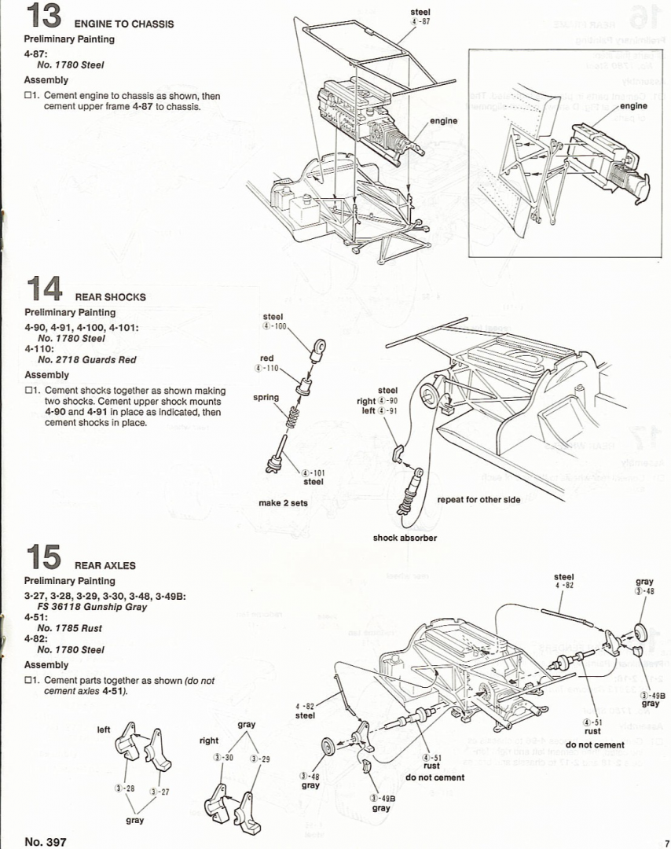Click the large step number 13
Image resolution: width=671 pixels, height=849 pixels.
coord(43,16)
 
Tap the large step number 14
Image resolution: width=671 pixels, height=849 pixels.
coord(44,289)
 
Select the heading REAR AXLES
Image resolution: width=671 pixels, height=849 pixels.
coord(105,565)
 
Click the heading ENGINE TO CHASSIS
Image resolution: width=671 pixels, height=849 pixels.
coord(124,24)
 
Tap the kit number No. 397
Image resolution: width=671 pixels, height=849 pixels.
coord(46,841)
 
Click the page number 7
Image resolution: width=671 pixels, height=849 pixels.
coord(664,841)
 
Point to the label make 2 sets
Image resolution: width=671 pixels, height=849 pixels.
coord(283,503)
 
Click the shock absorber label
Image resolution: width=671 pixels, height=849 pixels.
coord(405,538)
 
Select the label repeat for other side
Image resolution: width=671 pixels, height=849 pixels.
coord(478,500)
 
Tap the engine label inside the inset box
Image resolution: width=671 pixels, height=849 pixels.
coord(632,105)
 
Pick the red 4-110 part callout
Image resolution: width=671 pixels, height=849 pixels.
coord(267,363)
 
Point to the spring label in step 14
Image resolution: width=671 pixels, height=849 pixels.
coord(266,398)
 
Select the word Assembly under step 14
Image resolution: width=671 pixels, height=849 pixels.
coord(46,375)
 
